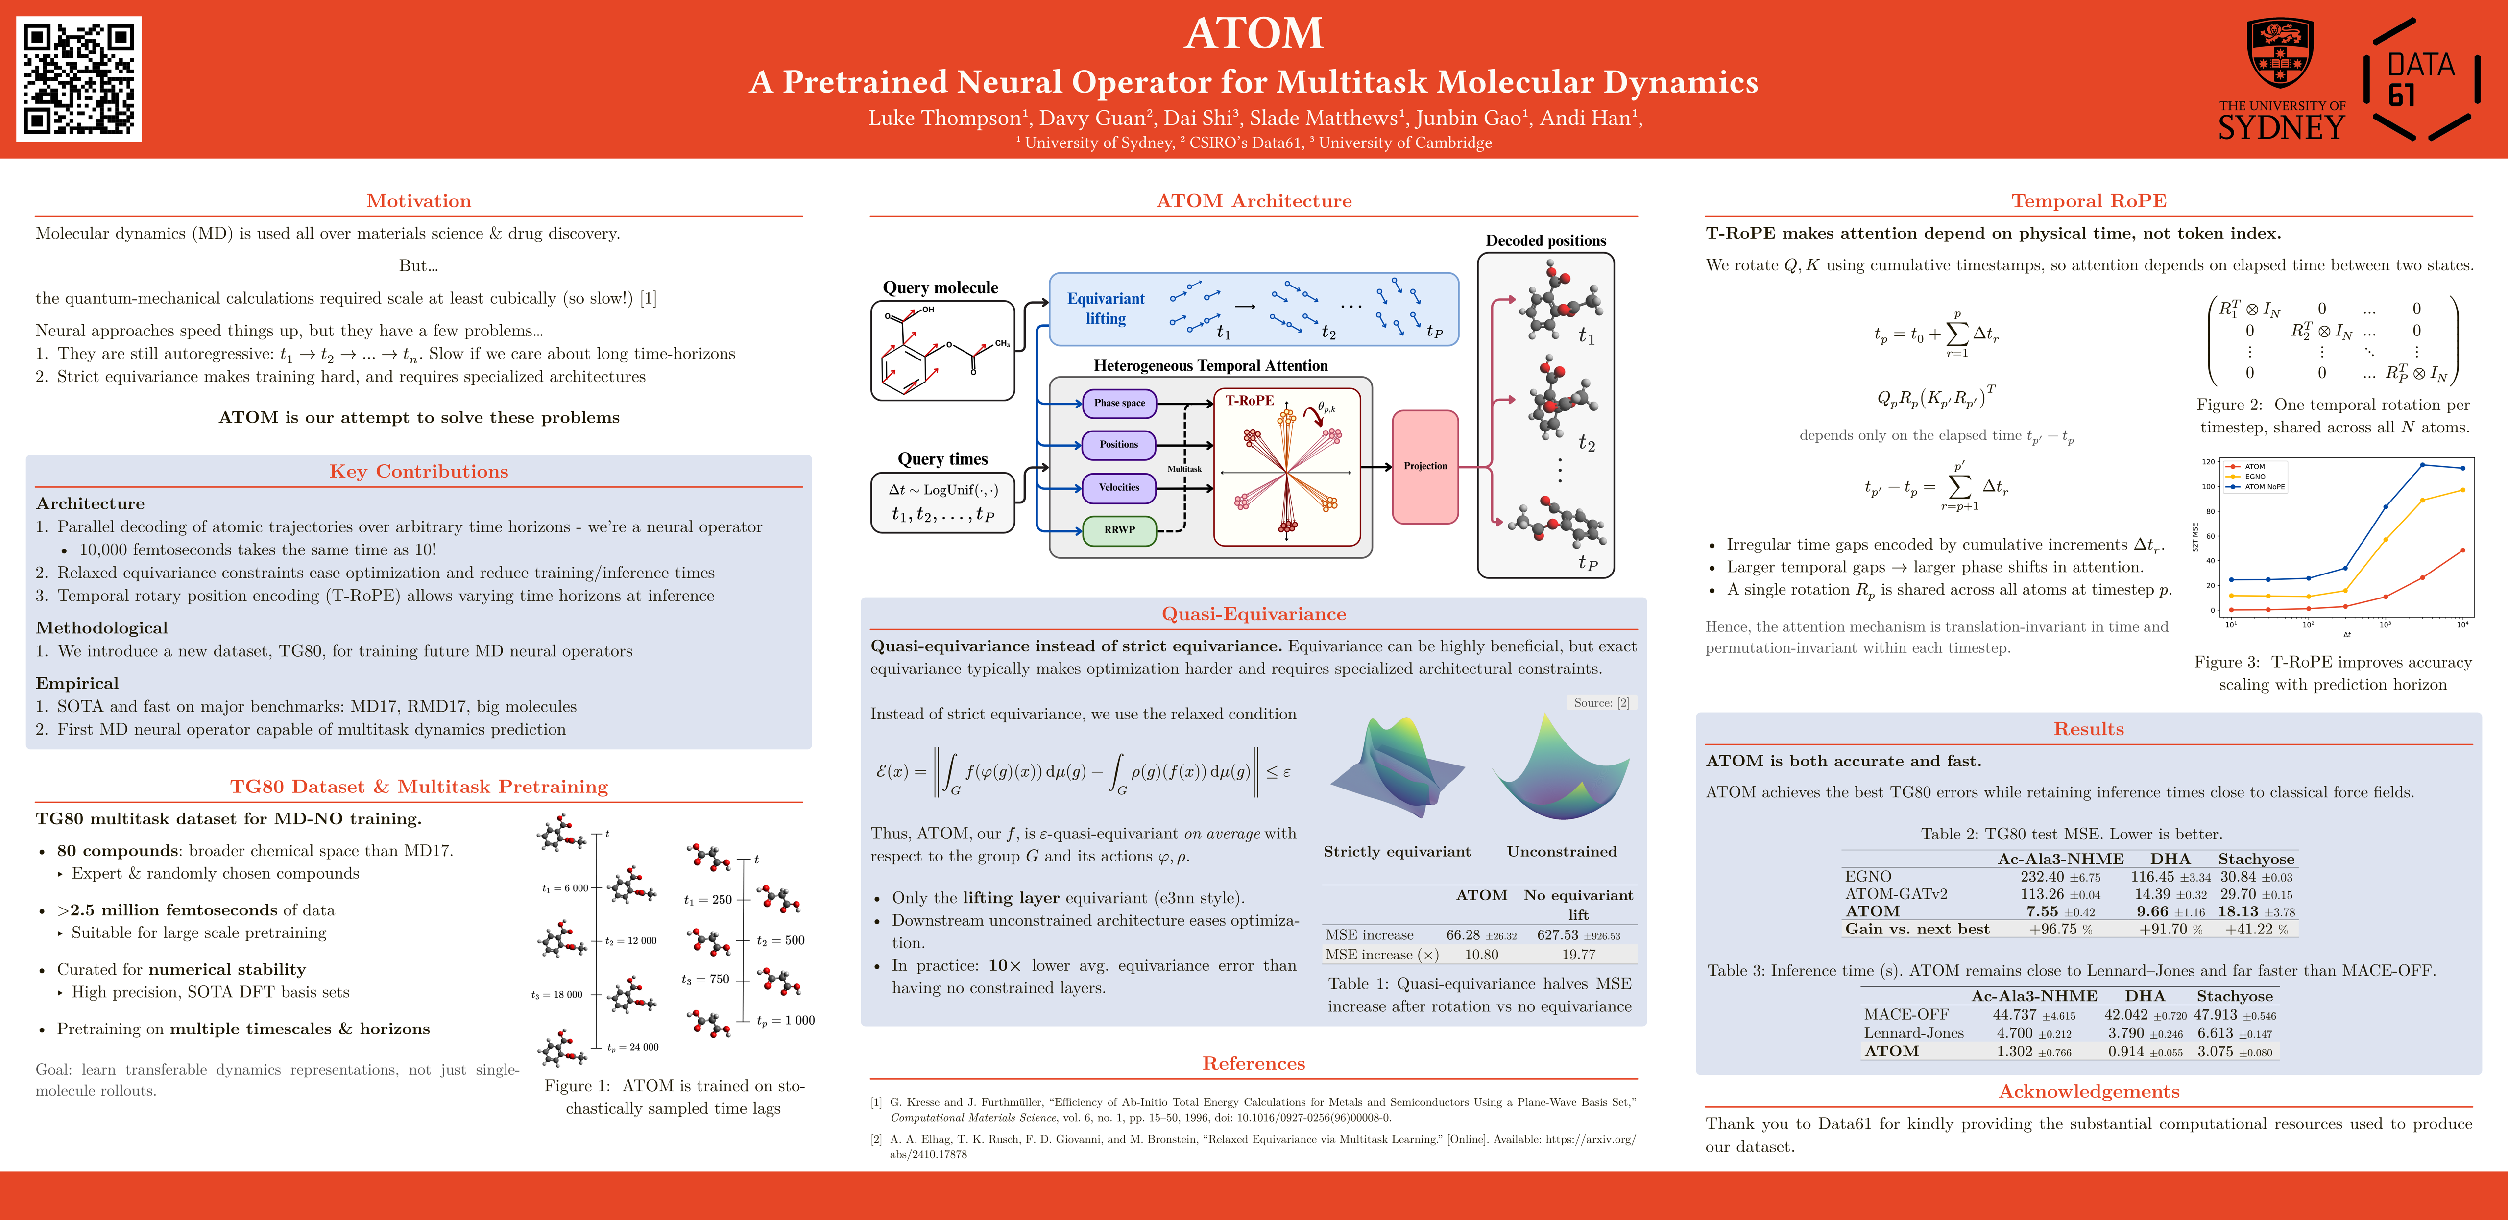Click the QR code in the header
[79, 79]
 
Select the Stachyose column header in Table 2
[2256, 859]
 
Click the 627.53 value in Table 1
[1558, 935]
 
